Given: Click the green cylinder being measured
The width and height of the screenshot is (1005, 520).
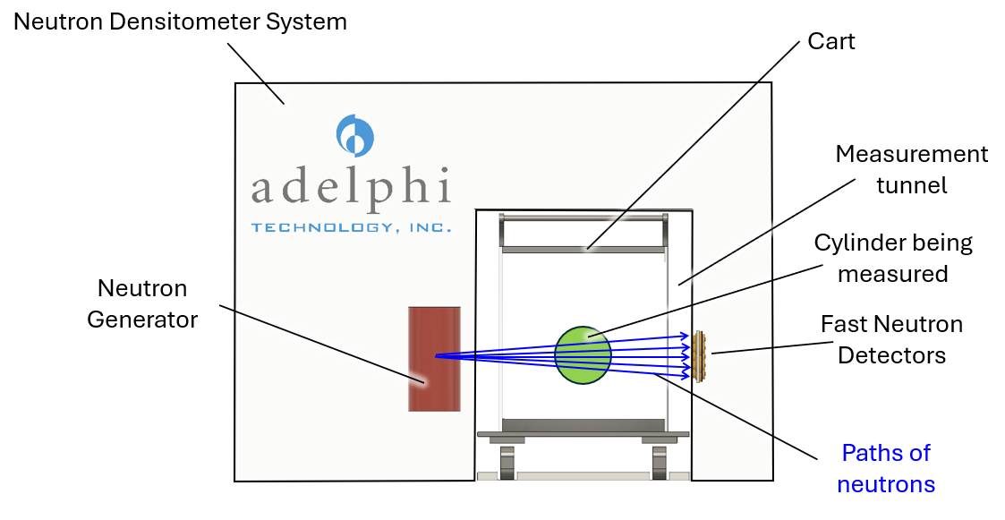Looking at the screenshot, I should [583, 355].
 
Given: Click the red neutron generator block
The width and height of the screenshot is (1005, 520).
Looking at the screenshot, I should [434, 358].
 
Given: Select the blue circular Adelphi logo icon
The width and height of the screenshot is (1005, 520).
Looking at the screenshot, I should [354, 135].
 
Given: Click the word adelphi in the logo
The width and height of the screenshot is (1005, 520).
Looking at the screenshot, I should [350, 188].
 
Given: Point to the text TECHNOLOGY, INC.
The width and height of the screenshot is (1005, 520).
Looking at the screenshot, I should [351, 228].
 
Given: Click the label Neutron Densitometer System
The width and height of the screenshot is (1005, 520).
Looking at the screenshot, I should [180, 22].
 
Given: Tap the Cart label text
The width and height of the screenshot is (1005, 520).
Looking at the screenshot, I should [830, 41].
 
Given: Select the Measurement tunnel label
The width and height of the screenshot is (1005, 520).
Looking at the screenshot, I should [911, 169].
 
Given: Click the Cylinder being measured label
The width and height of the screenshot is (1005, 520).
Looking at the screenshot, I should [892, 258].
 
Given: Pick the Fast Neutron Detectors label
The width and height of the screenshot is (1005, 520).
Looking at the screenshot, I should [891, 339].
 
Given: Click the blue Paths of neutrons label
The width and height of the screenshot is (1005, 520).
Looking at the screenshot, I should [886, 468].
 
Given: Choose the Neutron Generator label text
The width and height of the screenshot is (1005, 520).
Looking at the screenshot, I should [142, 303].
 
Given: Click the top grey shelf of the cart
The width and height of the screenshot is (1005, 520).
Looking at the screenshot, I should [583, 248].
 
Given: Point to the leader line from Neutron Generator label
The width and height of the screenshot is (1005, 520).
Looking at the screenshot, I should [322, 345].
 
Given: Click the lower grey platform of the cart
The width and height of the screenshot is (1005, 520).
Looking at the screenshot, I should [583, 424].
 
